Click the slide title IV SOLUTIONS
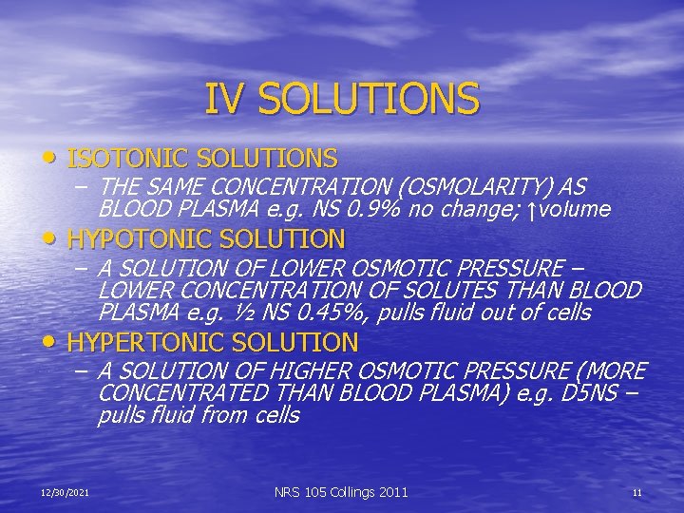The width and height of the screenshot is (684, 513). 342,99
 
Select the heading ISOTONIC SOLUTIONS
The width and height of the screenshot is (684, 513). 202,158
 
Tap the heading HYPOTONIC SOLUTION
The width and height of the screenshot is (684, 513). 206,238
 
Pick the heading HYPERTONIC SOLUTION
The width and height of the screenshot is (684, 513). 213,342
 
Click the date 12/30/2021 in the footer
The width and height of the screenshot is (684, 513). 65,492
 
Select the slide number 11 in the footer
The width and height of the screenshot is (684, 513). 637,492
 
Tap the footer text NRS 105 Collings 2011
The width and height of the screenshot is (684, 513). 341,492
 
